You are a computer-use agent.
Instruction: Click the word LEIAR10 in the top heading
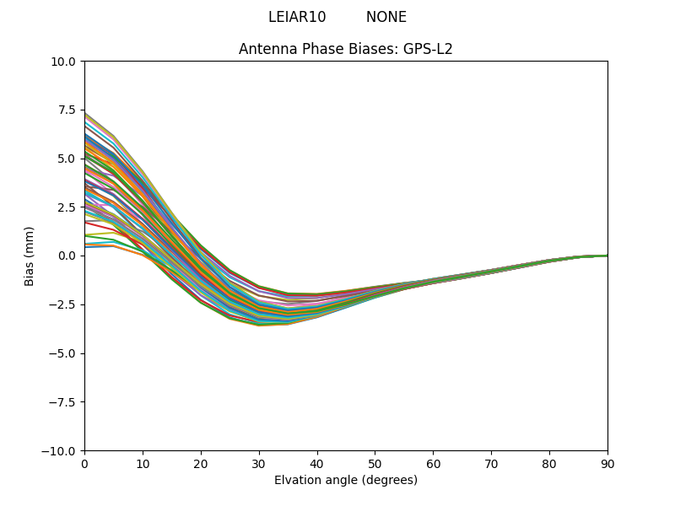[297, 17]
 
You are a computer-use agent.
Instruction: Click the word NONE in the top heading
[386, 17]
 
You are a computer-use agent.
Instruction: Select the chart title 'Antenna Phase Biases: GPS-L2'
[346, 49]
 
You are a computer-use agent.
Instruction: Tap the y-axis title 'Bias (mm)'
[30, 256]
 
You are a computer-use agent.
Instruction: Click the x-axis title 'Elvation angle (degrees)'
[346, 480]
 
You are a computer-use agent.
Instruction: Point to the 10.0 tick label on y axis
[66, 62]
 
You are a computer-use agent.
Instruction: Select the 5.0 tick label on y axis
[68, 159]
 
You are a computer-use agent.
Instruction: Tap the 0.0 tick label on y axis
[68, 256]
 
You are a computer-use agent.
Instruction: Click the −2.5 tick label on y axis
[64, 304]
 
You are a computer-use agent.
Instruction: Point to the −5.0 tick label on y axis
[64, 353]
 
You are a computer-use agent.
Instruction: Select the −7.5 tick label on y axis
[64, 402]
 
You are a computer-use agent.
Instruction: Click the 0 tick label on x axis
[84, 464]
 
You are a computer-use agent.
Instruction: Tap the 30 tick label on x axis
[259, 464]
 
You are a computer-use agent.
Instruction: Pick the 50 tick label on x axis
[375, 464]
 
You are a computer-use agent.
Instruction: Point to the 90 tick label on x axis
[607, 464]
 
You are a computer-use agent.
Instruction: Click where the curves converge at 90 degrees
[607, 256]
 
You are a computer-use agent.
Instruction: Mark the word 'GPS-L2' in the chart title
[431, 49]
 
